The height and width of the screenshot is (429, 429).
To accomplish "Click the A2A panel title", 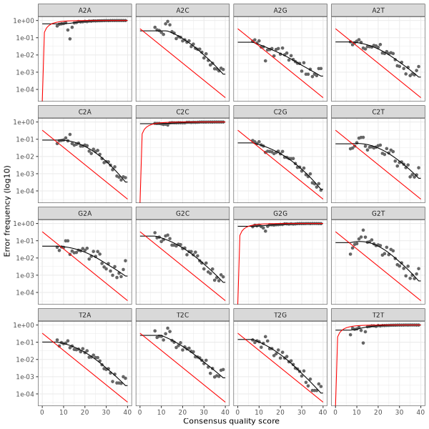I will click(85, 9).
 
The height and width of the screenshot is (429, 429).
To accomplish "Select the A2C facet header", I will click(182, 9).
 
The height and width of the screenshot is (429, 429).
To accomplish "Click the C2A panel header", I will click(85, 111).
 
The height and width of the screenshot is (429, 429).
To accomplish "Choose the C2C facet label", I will click(182, 111).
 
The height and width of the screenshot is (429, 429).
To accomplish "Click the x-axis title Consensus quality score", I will click(231, 422).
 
